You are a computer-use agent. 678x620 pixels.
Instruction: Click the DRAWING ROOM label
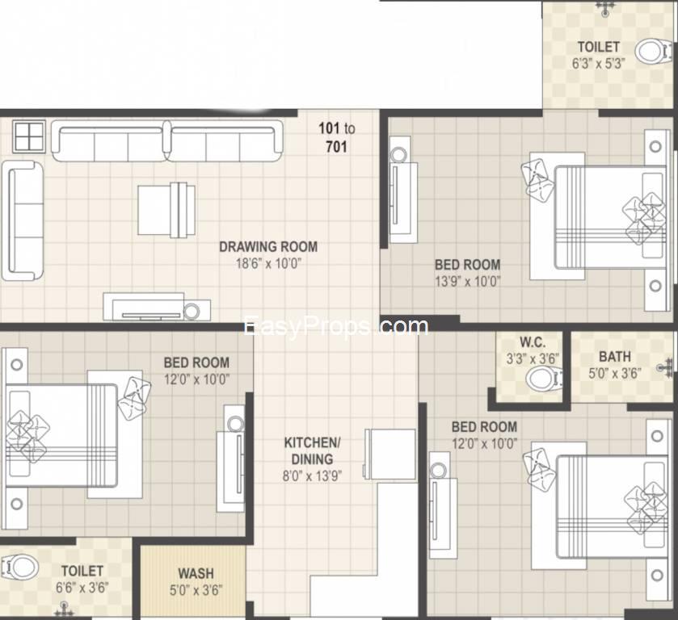click(268, 247)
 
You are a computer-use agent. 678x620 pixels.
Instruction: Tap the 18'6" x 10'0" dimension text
click(268, 263)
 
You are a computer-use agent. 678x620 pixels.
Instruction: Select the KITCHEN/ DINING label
click(312, 450)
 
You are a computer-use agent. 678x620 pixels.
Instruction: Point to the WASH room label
click(196, 573)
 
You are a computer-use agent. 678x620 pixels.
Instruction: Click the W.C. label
click(533, 342)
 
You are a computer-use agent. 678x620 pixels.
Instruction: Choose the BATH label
click(614, 357)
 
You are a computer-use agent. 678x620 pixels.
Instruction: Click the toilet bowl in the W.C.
click(543, 378)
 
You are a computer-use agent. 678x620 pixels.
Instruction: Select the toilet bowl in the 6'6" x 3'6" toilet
click(19, 567)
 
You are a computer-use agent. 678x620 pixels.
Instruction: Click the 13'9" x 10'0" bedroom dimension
click(467, 281)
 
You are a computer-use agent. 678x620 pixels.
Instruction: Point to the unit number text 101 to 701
click(337, 137)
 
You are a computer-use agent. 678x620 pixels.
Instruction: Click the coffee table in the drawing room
click(166, 210)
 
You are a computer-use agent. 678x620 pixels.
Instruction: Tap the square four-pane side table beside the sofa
click(29, 136)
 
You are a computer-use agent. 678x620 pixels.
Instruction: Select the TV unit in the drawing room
click(157, 308)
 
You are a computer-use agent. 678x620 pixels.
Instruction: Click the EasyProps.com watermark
click(336, 327)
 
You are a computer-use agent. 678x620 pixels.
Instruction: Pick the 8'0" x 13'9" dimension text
click(312, 476)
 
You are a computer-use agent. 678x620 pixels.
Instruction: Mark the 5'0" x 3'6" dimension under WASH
click(196, 590)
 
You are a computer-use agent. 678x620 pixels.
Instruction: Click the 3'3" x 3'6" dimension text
click(533, 358)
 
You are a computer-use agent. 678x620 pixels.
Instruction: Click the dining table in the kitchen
click(390, 454)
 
